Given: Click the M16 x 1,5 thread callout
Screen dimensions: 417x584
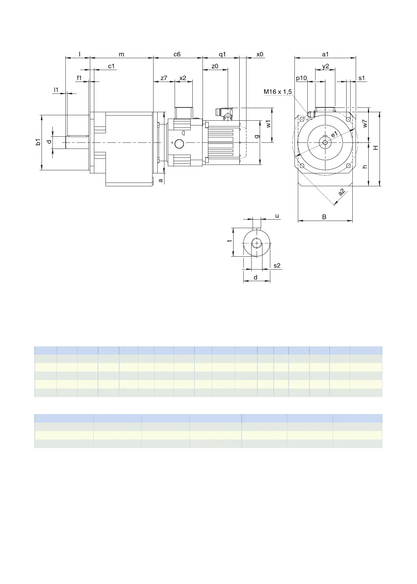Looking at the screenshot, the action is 278,92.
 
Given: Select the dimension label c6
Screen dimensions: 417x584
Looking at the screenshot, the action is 177,54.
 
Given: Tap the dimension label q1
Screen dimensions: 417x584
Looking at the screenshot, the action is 222,54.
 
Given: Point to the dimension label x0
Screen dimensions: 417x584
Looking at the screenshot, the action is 260,54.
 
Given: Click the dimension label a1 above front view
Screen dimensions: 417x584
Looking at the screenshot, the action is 325,54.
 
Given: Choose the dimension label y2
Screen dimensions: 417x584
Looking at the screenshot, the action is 325,66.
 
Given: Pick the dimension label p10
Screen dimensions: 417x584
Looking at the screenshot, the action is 301,78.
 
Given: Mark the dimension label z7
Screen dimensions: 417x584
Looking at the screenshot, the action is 164,78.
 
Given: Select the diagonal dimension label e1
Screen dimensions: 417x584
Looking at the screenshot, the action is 335,134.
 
